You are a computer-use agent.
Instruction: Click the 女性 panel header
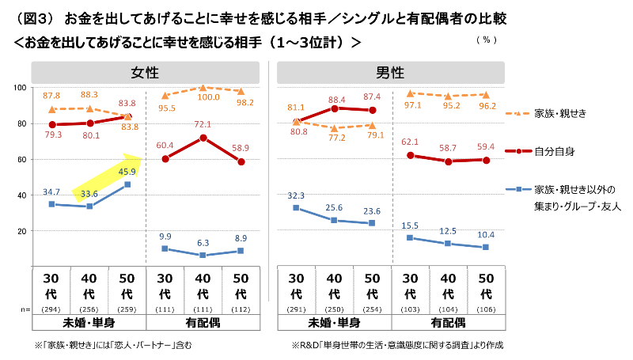(x=146, y=74)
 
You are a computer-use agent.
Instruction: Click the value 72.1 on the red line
(x=204, y=125)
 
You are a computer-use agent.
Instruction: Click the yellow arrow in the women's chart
(x=106, y=178)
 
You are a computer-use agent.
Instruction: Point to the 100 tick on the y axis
(x=21, y=87)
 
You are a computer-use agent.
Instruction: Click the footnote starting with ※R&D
(x=397, y=345)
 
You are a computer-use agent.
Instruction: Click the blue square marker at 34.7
(x=51, y=204)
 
